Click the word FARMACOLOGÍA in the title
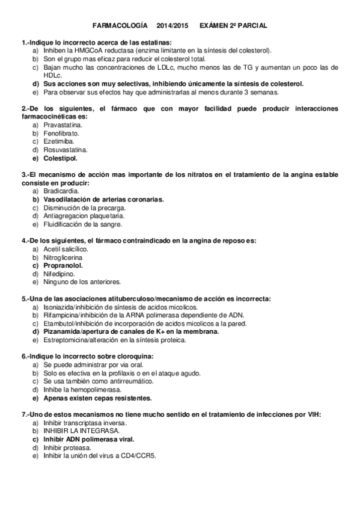point(121,27)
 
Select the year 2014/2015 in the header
point(172,27)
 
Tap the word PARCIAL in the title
point(252,27)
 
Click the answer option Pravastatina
point(61,124)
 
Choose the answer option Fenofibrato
point(61,133)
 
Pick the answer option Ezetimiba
point(58,141)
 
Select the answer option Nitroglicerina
point(63,257)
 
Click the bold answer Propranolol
point(63,265)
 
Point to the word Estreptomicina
point(66,339)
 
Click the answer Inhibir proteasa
point(67,447)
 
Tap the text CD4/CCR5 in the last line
point(138,456)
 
